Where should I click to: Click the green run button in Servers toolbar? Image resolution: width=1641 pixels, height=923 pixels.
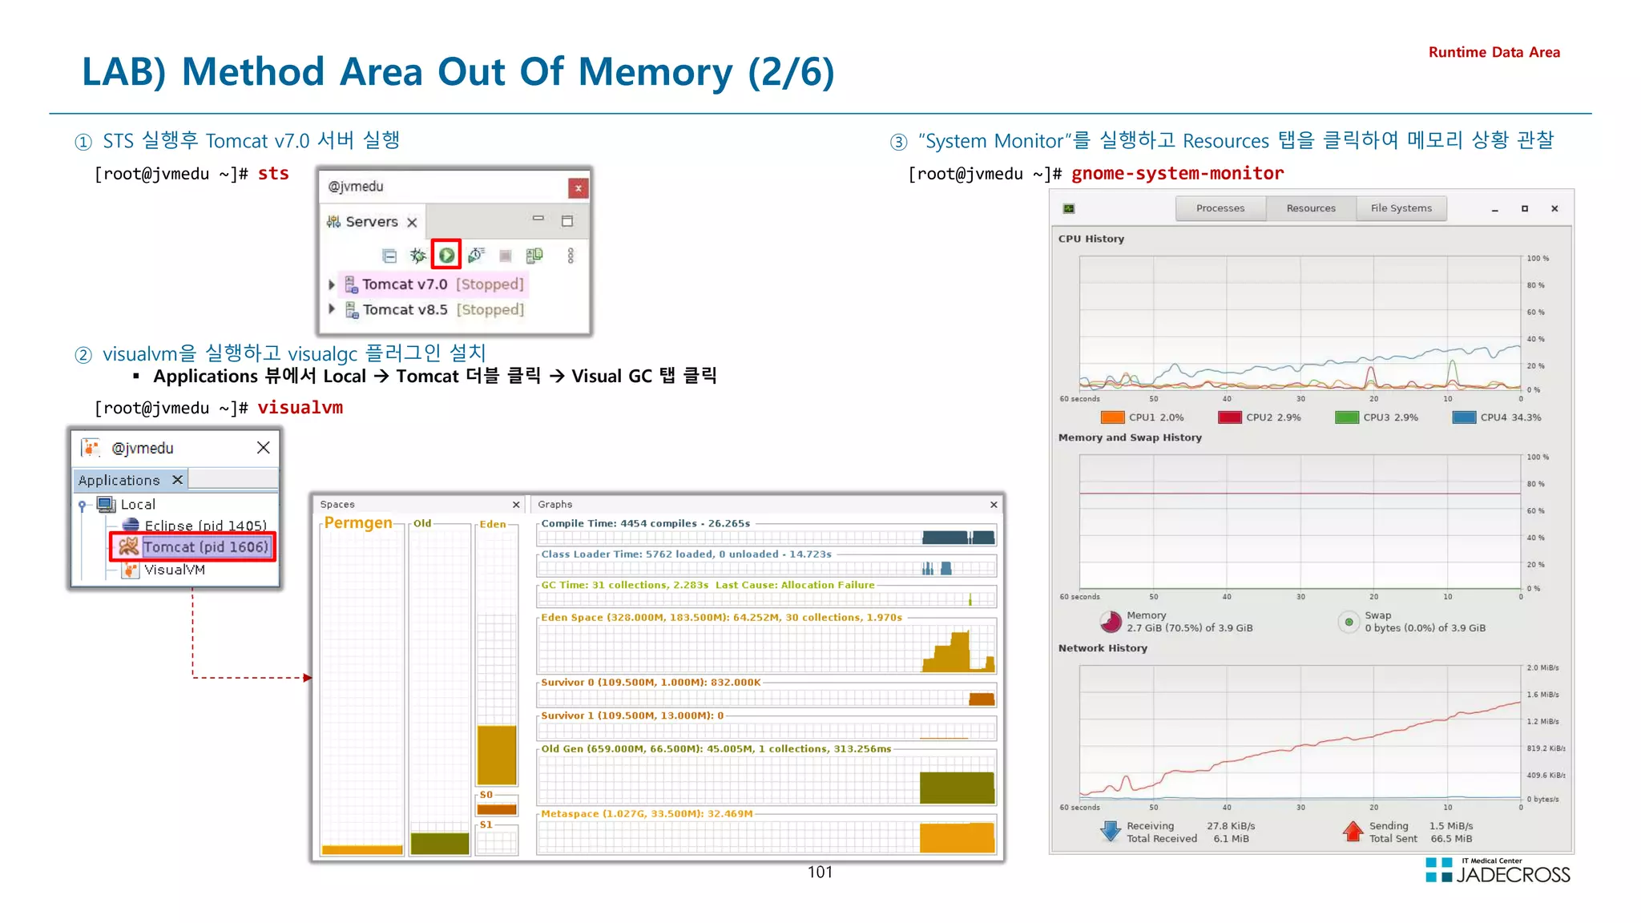point(446,256)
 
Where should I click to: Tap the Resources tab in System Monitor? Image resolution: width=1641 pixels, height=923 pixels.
point(1311,208)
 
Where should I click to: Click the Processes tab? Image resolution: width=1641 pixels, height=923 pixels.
point(1220,208)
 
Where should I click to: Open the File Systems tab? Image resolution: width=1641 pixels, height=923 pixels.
point(1401,208)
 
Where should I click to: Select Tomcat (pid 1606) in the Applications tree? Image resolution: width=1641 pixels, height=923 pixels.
point(204,547)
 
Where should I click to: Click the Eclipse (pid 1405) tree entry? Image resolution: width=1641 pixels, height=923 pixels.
point(205,526)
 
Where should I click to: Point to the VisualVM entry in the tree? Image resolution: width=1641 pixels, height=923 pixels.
point(174,570)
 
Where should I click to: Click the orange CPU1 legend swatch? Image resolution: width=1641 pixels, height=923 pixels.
point(1112,417)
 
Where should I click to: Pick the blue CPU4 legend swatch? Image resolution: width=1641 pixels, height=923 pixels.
point(1464,417)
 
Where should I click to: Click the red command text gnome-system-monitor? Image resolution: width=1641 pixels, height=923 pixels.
point(1177,173)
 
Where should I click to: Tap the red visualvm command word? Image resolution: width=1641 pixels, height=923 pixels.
point(300,408)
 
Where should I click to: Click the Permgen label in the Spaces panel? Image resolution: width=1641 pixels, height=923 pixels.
point(358,523)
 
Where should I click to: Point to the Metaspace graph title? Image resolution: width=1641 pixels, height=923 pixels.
point(647,814)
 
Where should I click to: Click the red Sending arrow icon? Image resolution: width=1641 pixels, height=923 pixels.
point(1353,832)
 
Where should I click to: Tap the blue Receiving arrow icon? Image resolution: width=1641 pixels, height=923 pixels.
point(1111,832)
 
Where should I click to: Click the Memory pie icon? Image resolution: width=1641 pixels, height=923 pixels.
point(1111,622)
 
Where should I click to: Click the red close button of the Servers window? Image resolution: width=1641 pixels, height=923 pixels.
point(578,188)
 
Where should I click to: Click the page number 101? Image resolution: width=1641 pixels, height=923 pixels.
point(820,873)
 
